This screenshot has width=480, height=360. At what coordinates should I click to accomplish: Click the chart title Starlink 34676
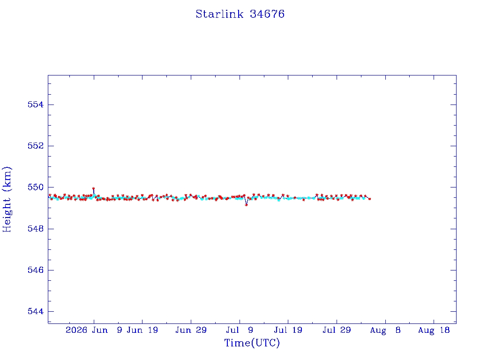pos(240,14)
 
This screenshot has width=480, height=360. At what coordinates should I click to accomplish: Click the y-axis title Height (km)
pos(7,199)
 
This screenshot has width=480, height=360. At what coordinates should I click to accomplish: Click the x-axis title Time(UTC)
pos(252,343)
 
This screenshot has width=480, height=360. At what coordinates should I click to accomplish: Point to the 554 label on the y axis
pos(36,105)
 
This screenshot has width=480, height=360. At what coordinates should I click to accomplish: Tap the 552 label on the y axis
pos(36,146)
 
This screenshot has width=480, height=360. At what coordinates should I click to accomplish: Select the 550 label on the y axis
pos(36,187)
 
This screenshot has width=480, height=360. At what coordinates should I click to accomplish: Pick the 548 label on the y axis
pos(36,229)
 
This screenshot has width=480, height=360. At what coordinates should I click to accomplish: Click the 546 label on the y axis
pos(36,270)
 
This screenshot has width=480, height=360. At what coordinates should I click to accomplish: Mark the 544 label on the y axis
pos(36,311)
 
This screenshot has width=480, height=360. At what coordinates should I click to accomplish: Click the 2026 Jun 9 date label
pos(94,330)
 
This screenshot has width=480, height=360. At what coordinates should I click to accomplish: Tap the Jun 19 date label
pos(142,330)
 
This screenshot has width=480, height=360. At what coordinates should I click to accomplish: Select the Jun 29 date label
pos(191,330)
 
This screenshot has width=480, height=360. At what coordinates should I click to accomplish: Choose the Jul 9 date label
pos(240,330)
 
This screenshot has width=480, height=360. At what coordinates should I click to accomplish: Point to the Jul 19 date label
pos(288,330)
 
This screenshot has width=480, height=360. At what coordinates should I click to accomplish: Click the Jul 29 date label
pos(337,330)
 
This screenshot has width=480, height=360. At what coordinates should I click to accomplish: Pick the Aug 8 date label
pos(385,330)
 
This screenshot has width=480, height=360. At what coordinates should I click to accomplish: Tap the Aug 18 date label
pos(434,330)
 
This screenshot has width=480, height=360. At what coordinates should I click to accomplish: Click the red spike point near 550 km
pos(93,188)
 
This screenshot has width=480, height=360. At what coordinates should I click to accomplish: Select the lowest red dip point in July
pos(247,205)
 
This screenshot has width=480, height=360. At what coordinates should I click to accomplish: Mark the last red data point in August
pos(370,199)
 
